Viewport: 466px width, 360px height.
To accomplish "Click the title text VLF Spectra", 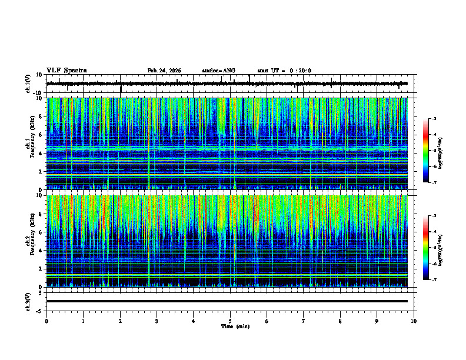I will coord(66,71).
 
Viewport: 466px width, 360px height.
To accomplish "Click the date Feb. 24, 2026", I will coord(164,71).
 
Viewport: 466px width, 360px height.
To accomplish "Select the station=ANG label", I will coord(218,71).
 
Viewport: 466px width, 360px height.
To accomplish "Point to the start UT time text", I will coord(284,71).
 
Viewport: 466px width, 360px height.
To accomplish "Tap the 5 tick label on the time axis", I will coord(230,321).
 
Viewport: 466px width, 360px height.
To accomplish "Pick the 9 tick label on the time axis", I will coord(377,321).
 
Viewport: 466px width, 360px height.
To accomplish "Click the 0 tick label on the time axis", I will coord(46,321).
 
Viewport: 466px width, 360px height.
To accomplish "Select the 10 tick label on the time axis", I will coord(414,321).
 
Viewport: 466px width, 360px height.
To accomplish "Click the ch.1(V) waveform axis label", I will coord(28,84).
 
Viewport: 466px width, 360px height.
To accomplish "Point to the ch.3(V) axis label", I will coord(28,301).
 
